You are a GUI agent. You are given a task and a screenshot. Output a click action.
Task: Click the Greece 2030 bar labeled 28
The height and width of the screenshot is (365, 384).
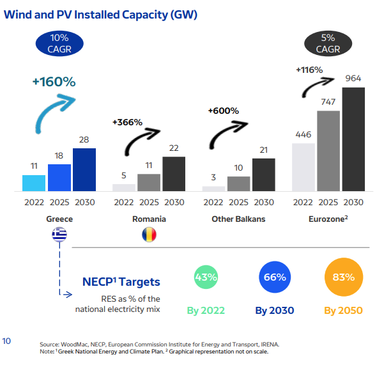(84, 169)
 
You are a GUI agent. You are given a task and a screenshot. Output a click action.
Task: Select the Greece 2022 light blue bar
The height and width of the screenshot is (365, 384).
(34, 183)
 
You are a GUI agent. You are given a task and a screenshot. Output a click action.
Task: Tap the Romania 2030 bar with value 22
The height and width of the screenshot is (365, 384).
(174, 174)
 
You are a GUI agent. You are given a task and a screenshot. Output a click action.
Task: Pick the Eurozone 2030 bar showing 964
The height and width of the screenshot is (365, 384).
(354, 139)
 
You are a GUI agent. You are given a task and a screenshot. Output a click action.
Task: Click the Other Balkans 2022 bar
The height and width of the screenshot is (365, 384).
(213, 189)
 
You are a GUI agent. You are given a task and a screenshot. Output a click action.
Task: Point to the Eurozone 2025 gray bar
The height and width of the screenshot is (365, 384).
(328, 151)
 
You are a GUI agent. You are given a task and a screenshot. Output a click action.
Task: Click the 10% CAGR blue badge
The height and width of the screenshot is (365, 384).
(54, 43)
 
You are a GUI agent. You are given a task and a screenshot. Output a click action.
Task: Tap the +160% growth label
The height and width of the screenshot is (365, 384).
(54, 81)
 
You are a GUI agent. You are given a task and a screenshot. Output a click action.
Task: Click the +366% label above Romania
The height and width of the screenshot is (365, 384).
(127, 121)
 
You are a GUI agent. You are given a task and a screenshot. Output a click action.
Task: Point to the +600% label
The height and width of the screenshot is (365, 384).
(223, 111)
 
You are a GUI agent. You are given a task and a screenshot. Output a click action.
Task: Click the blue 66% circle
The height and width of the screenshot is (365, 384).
(275, 277)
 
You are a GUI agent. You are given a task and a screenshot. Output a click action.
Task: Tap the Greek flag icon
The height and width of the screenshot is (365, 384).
(59, 235)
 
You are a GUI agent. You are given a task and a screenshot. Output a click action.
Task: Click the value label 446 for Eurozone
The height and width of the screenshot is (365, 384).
(303, 134)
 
